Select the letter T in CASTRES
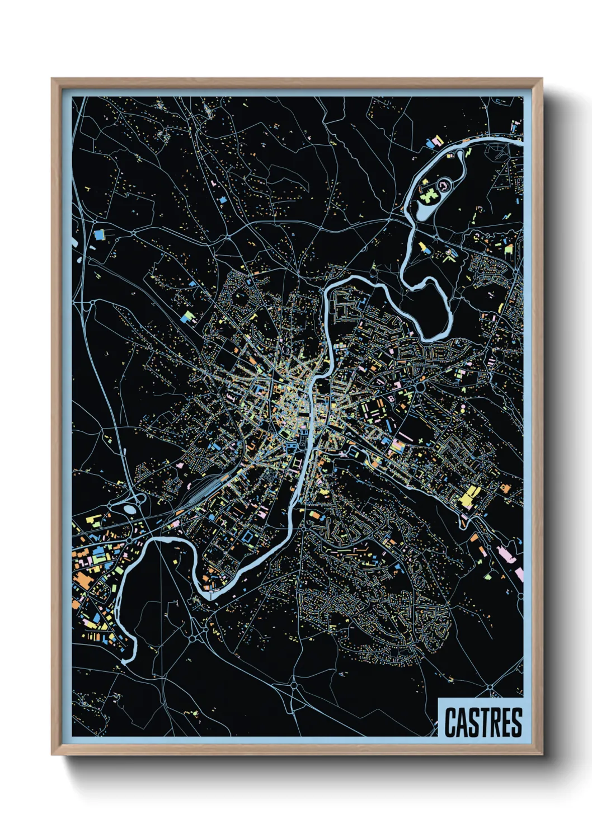point(483,722)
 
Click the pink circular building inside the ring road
point(444,184)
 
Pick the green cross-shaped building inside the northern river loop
point(429,196)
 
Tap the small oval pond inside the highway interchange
point(129,509)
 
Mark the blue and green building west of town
point(187,317)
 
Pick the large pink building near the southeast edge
point(506,553)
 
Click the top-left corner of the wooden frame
point(52,79)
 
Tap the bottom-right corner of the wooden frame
point(542,754)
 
